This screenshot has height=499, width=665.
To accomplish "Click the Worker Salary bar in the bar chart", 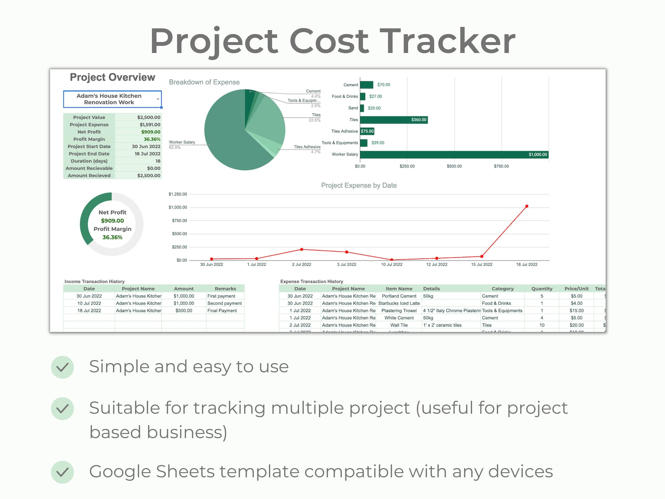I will (454, 155).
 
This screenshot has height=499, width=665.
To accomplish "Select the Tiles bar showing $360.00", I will (394, 120).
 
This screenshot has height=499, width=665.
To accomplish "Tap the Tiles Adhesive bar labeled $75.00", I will (367, 131).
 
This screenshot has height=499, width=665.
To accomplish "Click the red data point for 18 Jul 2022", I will (526, 206).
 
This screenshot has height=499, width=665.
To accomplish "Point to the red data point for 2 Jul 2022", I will (302, 249).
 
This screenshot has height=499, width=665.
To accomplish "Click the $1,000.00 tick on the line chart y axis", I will (178, 207).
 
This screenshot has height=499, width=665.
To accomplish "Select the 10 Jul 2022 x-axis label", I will (392, 264).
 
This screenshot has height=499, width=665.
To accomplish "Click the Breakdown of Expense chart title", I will (204, 82).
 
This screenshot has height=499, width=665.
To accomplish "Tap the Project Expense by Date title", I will (359, 185).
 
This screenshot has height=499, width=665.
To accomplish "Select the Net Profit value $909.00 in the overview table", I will (151, 132).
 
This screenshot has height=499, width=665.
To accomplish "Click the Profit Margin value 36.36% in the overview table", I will (152, 139).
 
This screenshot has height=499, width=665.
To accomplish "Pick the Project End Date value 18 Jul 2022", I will (147, 154).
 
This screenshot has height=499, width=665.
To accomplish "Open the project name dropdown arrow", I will (158, 99).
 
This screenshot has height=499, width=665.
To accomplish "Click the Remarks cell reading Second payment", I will (224, 303).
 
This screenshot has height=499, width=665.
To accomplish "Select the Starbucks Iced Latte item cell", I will (399, 303).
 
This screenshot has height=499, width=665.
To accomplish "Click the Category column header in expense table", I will (503, 289).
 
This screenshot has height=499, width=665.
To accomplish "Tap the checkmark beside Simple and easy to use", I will (62, 367).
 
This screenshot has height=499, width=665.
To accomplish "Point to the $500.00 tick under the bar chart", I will (454, 166).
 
